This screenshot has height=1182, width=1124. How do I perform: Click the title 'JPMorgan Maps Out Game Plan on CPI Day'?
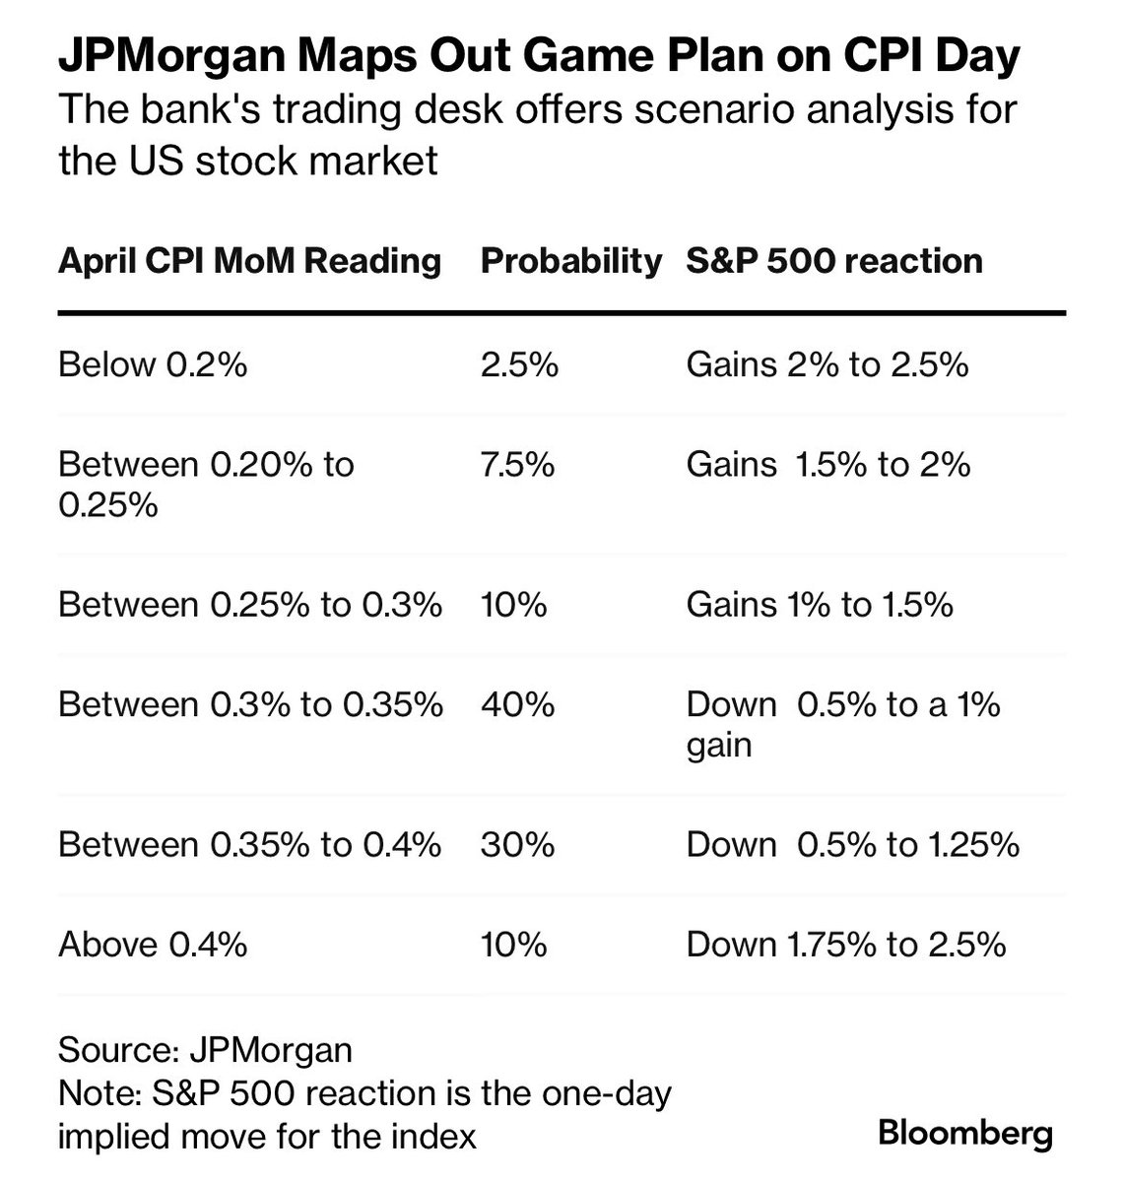tap(539, 58)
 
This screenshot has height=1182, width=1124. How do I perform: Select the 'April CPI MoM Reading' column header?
tap(249, 261)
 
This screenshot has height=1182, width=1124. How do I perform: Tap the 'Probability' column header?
tap(570, 261)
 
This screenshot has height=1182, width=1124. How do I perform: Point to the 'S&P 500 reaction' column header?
tap(833, 261)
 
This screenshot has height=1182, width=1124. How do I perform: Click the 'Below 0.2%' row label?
tap(153, 365)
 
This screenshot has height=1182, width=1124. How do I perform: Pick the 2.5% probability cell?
tap(519, 365)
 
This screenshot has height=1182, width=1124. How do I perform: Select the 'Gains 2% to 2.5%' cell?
tap(826, 365)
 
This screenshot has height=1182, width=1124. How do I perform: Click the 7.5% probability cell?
tap(517, 464)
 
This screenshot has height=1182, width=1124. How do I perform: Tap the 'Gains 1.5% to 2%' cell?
tap(827, 464)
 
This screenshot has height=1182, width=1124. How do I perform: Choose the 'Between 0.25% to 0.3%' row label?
tap(249, 605)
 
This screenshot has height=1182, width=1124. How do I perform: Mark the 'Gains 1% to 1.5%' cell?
tap(819, 605)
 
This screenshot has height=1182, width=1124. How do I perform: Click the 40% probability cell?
tap(517, 705)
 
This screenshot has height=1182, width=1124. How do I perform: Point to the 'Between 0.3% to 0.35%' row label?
tap(250, 705)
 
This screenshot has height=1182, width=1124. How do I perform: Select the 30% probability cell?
tap(517, 845)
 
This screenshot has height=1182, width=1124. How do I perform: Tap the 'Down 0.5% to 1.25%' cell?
tap(852, 845)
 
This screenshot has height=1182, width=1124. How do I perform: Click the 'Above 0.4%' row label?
tap(152, 946)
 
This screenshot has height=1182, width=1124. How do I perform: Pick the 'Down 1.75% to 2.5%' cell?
tap(845, 946)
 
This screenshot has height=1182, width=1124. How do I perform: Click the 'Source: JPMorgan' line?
tap(205, 1050)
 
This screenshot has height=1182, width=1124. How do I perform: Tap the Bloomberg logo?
tap(964, 1134)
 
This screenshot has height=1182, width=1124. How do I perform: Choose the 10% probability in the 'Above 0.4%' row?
tap(513, 946)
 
